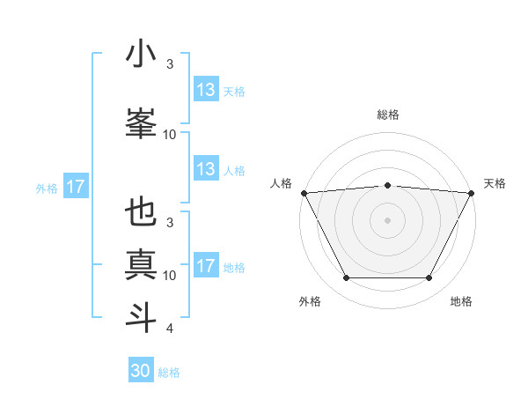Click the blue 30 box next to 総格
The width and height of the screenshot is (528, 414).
coord(141,371)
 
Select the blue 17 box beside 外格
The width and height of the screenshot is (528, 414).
coord(75,187)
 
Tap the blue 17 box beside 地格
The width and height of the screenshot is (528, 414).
coord(205,266)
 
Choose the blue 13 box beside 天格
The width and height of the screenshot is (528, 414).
coord(205,90)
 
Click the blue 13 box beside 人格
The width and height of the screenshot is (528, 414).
coord(205,169)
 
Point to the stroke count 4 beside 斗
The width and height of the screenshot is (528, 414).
coord(169,329)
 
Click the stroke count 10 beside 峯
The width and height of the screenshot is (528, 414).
coord(170,134)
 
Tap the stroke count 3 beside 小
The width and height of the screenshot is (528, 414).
coord(170,63)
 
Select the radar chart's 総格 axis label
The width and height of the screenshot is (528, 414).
coord(388,115)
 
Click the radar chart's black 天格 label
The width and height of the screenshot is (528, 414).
coord(495,183)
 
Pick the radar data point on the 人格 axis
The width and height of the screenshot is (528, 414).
coord(304,192)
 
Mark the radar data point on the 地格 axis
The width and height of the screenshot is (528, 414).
coord(429,278)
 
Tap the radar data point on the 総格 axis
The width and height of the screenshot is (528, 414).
coord(388,185)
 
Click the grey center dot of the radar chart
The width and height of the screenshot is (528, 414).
coord(388,220)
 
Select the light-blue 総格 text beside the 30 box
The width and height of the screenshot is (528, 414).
coord(169,373)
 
